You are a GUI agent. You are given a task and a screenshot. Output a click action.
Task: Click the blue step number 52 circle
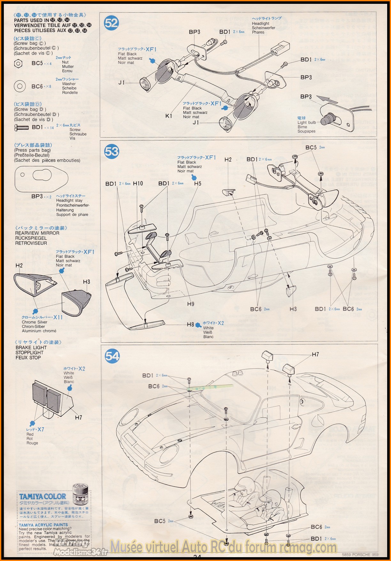[111, 23]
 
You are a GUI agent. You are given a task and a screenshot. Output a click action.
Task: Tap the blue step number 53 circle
[111, 151]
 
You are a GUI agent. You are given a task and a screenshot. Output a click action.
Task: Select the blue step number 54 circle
[112, 356]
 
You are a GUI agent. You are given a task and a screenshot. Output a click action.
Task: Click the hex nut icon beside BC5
[19, 64]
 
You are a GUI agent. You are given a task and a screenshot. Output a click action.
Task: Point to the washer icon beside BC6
[20, 86]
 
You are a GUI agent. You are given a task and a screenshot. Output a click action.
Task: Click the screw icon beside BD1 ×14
[22, 127]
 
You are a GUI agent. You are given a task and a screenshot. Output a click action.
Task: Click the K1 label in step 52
[169, 116]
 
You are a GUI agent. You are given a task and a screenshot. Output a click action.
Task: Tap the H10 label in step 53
[138, 183]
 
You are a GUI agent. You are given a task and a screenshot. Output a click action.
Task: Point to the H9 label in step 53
[191, 304]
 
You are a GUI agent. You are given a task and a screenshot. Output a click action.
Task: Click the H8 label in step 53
[190, 324]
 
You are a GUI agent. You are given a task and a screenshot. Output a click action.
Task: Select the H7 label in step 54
[315, 354]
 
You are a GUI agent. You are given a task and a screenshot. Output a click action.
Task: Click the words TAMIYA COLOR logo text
[42, 497]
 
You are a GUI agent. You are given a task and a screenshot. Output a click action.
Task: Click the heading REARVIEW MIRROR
[37, 233]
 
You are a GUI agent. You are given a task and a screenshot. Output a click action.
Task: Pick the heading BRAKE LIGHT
[31, 347]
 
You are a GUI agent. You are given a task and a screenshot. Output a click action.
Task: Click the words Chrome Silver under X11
[34, 322]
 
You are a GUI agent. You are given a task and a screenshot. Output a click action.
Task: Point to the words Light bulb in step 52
[307, 122]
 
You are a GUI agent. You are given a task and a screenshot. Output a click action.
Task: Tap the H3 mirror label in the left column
[87, 282]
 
